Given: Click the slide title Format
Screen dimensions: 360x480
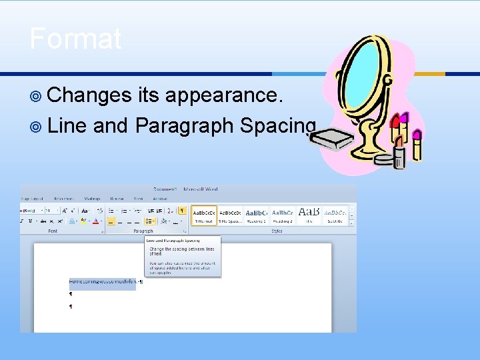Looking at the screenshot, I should [75, 39].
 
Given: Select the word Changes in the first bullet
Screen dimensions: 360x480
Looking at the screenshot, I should [89, 95].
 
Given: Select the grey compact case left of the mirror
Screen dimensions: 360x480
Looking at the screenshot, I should [331, 139].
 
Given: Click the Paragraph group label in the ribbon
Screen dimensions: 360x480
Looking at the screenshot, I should [143, 231].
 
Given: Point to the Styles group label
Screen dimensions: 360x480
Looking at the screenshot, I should [277, 231].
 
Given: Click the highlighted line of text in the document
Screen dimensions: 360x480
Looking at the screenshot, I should [102, 282].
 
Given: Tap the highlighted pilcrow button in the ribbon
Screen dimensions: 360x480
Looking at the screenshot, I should [181, 211].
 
